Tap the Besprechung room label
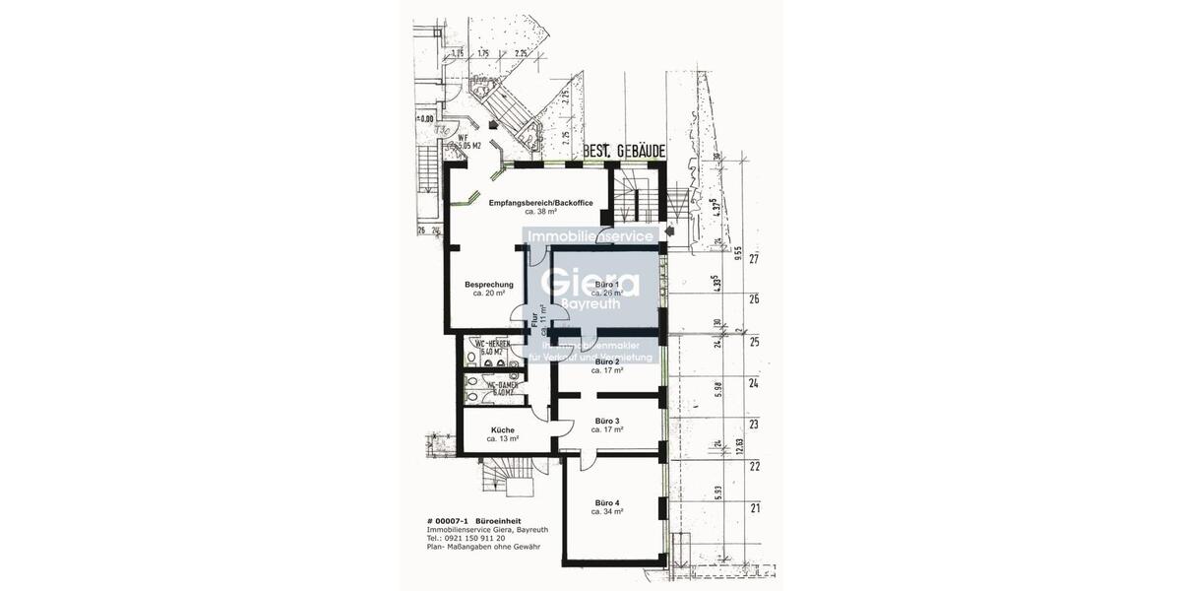point(489,285)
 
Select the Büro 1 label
point(607,285)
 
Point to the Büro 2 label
point(605,362)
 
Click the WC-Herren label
point(491,343)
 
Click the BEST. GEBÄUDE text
point(624,152)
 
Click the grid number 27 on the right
point(755,261)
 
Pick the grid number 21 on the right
point(755,509)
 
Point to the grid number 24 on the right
point(755,384)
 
